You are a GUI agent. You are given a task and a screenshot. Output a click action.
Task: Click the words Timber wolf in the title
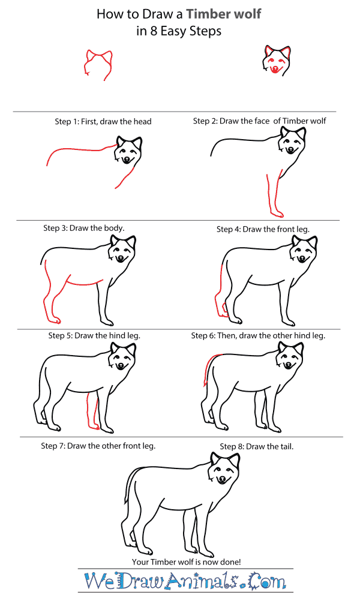[223, 14]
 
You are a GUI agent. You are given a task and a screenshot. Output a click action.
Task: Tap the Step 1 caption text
[103, 121]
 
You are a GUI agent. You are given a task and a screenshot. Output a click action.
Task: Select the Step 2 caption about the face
[259, 121]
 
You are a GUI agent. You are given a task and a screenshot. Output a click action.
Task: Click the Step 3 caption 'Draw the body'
[83, 228]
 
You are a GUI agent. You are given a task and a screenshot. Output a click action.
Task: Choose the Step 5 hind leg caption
[94, 336]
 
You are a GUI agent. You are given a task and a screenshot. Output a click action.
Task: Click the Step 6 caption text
[258, 336]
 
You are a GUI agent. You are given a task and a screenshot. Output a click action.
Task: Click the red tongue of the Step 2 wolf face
[275, 71]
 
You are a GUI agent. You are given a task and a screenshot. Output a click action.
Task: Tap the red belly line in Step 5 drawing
[84, 282]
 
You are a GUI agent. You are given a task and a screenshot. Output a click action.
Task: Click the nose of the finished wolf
[223, 479]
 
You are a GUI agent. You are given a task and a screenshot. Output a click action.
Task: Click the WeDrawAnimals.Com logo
[185, 582]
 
